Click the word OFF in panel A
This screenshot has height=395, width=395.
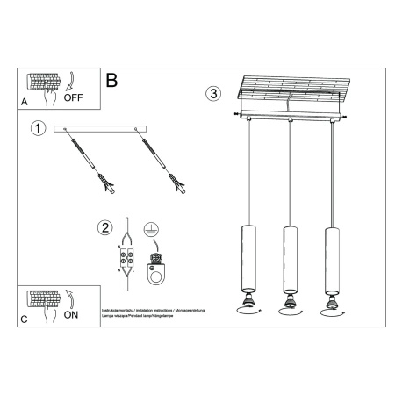pyautogui.click(x=73, y=99)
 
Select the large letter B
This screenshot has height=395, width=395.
pyautogui.click(x=111, y=80)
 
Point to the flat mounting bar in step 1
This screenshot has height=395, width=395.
pyautogui.click(x=104, y=129)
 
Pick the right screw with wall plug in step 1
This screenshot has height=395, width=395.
pyautogui.click(x=162, y=159)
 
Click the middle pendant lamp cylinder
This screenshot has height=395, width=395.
pyautogui.click(x=287, y=258)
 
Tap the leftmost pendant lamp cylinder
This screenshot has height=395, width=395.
pyautogui.click(x=246, y=258)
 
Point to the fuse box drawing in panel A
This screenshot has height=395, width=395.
pyautogui.click(x=45, y=83)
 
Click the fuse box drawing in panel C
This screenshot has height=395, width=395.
pyautogui.click(x=45, y=298)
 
